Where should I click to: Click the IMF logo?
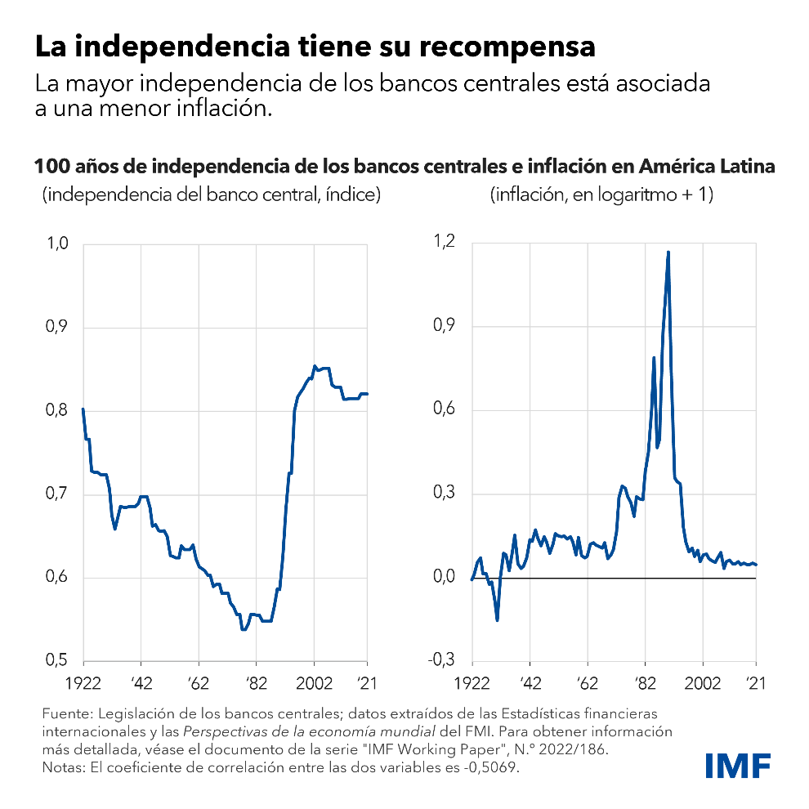click(x=738, y=765)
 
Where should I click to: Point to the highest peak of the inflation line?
click(x=668, y=252)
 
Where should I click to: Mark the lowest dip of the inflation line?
click(x=497, y=620)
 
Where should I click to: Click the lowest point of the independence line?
click(x=243, y=630)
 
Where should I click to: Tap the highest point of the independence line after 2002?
click(x=315, y=366)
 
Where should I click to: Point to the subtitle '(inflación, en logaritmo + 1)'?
click(x=601, y=196)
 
